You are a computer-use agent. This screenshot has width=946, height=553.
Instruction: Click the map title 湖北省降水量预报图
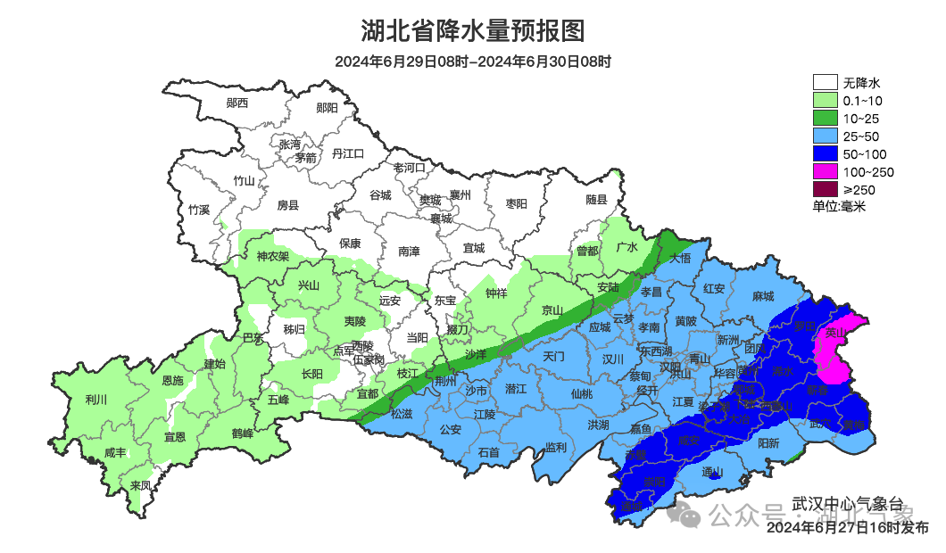click(473, 31)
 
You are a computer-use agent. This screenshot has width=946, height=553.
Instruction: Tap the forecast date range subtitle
click(473, 62)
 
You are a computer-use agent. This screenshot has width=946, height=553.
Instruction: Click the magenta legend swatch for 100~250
click(826, 172)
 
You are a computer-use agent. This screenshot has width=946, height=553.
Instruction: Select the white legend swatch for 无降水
click(826, 83)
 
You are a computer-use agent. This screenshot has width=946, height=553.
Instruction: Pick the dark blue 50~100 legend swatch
click(826, 154)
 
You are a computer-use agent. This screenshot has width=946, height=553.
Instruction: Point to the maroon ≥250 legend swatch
click(826, 189)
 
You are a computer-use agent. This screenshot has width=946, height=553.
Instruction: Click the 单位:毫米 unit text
click(839, 207)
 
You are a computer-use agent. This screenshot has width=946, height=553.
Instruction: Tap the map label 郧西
click(236, 103)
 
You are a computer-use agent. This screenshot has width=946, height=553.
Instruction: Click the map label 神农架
click(272, 257)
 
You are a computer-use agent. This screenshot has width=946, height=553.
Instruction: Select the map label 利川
click(95, 400)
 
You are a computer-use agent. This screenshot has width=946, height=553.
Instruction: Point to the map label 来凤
click(140, 485)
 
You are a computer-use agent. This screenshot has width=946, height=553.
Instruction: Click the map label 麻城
click(763, 296)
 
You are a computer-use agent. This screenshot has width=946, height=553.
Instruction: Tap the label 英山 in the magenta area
click(835, 333)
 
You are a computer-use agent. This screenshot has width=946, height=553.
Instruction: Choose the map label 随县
click(596, 200)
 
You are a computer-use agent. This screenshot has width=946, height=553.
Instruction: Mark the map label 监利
click(555, 447)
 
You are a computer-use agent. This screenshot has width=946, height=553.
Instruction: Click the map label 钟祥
click(495, 293)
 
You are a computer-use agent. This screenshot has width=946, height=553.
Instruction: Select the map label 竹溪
click(198, 210)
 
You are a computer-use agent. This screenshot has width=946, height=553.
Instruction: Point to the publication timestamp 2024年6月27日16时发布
click(847, 528)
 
